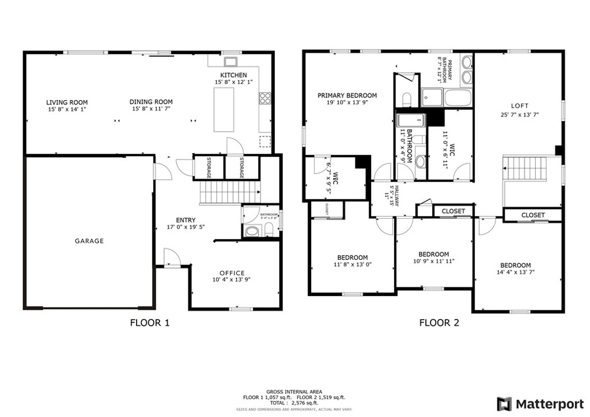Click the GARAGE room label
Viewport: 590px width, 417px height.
[89, 241]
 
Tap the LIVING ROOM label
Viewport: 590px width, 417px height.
[67, 103]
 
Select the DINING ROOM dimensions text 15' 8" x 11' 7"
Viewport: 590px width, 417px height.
[151, 109]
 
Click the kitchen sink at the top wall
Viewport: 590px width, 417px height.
[232, 62]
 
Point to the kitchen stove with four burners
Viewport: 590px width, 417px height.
[265, 98]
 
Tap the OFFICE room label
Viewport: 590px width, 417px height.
[232, 273]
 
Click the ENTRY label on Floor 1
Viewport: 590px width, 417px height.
[186, 220]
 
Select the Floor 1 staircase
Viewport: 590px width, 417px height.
[229, 191]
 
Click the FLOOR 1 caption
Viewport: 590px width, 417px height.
[150, 323]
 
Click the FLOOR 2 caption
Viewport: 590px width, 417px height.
[439, 323]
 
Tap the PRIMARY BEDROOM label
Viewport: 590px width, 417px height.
[347, 96]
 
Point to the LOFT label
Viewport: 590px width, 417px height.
[519, 106]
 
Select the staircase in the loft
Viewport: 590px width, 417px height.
[525, 168]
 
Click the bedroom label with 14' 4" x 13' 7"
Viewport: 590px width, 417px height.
[515, 266]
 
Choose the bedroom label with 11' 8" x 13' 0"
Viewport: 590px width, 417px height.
[352, 257]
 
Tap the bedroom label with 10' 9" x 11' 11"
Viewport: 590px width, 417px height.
[433, 255]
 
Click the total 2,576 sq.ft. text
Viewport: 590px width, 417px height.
[294, 403]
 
